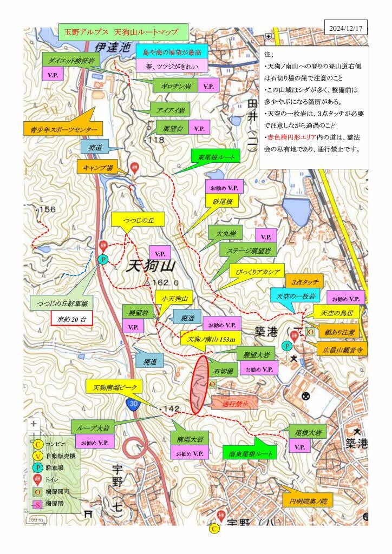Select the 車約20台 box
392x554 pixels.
click(73, 319)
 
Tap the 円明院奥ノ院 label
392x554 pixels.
click(309, 502)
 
